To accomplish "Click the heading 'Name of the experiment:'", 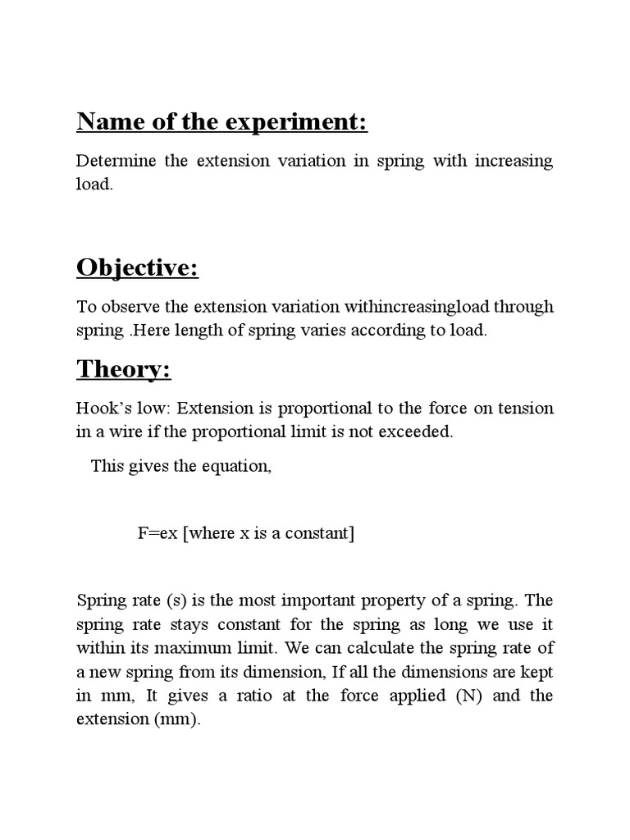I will coord(221,122).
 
